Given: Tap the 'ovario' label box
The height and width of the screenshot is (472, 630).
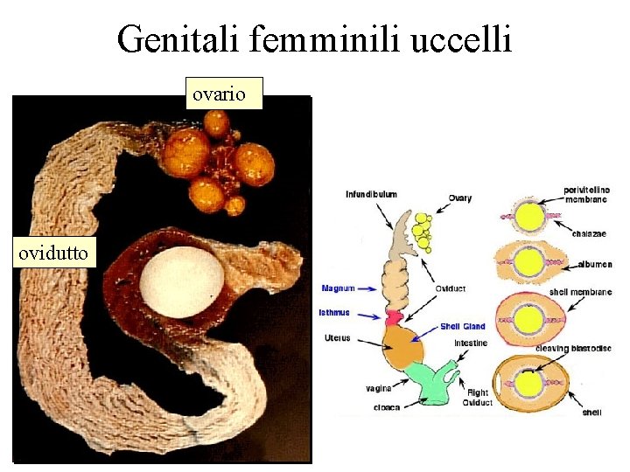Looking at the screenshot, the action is click(224, 93).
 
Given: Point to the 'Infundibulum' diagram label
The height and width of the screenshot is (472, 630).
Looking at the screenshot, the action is click(371, 194).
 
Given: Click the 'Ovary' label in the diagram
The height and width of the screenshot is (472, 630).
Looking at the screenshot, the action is click(460, 198).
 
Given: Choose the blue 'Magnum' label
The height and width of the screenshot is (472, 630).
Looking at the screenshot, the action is click(338, 288).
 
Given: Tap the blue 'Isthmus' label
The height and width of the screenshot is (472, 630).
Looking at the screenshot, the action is click(335, 312).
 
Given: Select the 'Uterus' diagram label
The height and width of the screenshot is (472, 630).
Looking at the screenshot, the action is click(337, 338).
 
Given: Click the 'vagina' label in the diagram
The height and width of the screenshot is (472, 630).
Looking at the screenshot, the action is click(379, 388).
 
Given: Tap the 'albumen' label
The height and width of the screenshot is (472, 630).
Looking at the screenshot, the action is click(594, 265).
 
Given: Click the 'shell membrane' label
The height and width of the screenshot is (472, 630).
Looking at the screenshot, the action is click(580, 292).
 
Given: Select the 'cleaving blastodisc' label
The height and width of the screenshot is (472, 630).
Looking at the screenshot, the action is click(573, 349).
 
